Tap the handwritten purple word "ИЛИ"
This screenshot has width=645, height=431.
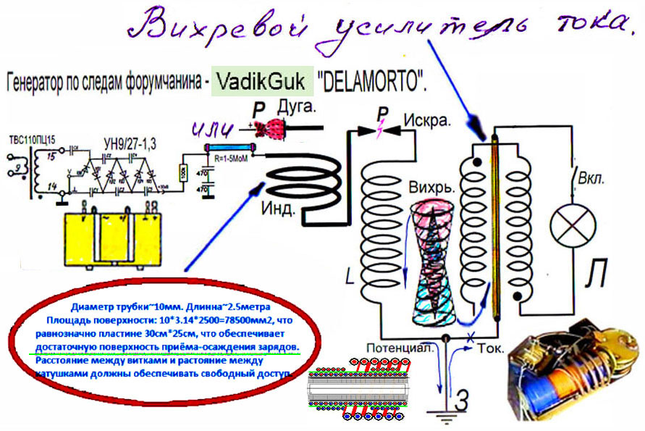214,130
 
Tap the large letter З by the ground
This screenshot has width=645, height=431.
463,399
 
